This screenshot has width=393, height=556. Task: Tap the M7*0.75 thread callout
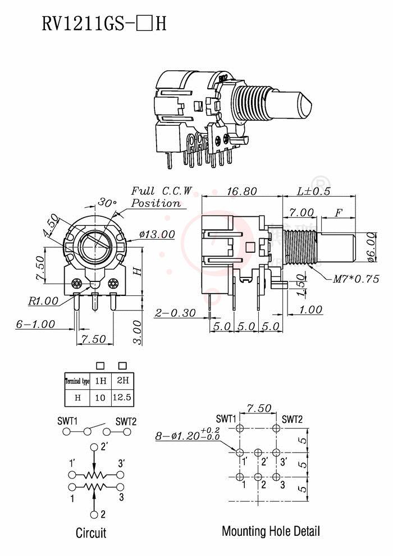click(x=355, y=279)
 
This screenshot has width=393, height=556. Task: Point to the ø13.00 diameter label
click(x=157, y=234)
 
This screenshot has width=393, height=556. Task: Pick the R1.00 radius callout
click(x=43, y=301)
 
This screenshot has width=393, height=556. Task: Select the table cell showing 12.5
click(x=122, y=398)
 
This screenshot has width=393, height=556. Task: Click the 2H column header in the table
click(x=122, y=380)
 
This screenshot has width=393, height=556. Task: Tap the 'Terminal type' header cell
click(x=77, y=381)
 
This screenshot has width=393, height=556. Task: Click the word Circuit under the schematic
click(x=91, y=532)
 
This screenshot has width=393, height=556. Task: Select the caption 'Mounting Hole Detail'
click(x=271, y=531)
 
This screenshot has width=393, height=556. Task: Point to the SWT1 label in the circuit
click(x=67, y=421)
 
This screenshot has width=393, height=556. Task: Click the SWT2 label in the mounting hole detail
click(x=292, y=419)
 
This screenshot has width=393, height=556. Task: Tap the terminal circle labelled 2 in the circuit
click(x=94, y=514)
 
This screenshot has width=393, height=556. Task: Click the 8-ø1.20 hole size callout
click(x=188, y=435)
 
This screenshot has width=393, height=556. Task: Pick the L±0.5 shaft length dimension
click(x=313, y=192)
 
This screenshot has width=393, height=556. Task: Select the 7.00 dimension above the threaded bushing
click(x=301, y=212)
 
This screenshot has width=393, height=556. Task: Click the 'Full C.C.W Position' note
click(x=162, y=197)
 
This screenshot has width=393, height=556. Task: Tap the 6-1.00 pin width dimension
click(x=36, y=324)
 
